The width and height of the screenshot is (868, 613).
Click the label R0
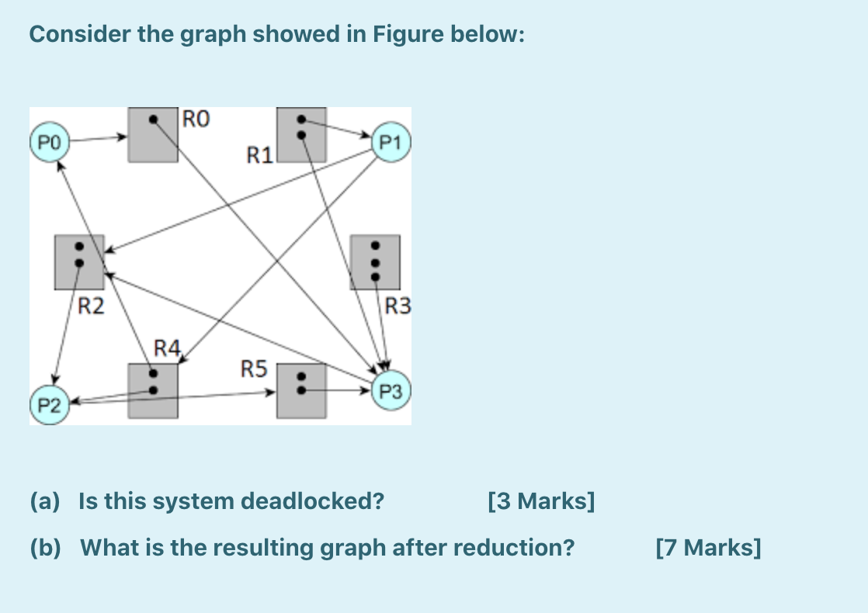coord(196,119)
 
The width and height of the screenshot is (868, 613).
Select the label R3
coord(398,306)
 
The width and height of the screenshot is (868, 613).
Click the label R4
coord(167,347)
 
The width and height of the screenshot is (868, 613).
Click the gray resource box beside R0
coord(153,136)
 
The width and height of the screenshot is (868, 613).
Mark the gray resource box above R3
coord(375,262)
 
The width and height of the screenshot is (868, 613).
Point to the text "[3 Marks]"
coord(541,501)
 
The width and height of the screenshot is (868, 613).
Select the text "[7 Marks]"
coord(708,548)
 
